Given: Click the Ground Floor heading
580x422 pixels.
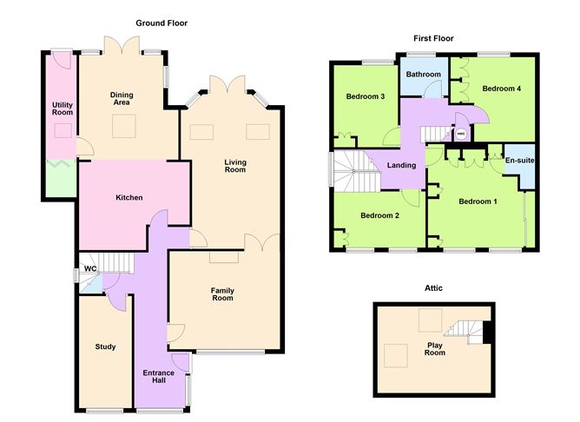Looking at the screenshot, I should (x=161, y=23).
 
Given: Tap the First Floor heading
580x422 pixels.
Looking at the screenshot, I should (x=432, y=38).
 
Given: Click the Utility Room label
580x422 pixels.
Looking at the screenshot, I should (x=62, y=109).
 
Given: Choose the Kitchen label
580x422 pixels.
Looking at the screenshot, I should (x=129, y=197).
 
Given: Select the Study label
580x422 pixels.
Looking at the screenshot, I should (x=105, y=346).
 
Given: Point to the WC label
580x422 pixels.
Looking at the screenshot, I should (x=90, y=269).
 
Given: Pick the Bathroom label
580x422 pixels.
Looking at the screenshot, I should (x=425, y=75).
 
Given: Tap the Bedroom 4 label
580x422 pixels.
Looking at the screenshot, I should (x=502, y=88).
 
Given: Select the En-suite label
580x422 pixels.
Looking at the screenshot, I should (x=518, y=161).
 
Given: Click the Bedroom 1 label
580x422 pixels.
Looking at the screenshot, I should (x=478, y=202).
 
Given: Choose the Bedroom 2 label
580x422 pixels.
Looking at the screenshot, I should (x=379, y=215).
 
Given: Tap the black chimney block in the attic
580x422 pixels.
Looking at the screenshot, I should (x=488, y=333).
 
